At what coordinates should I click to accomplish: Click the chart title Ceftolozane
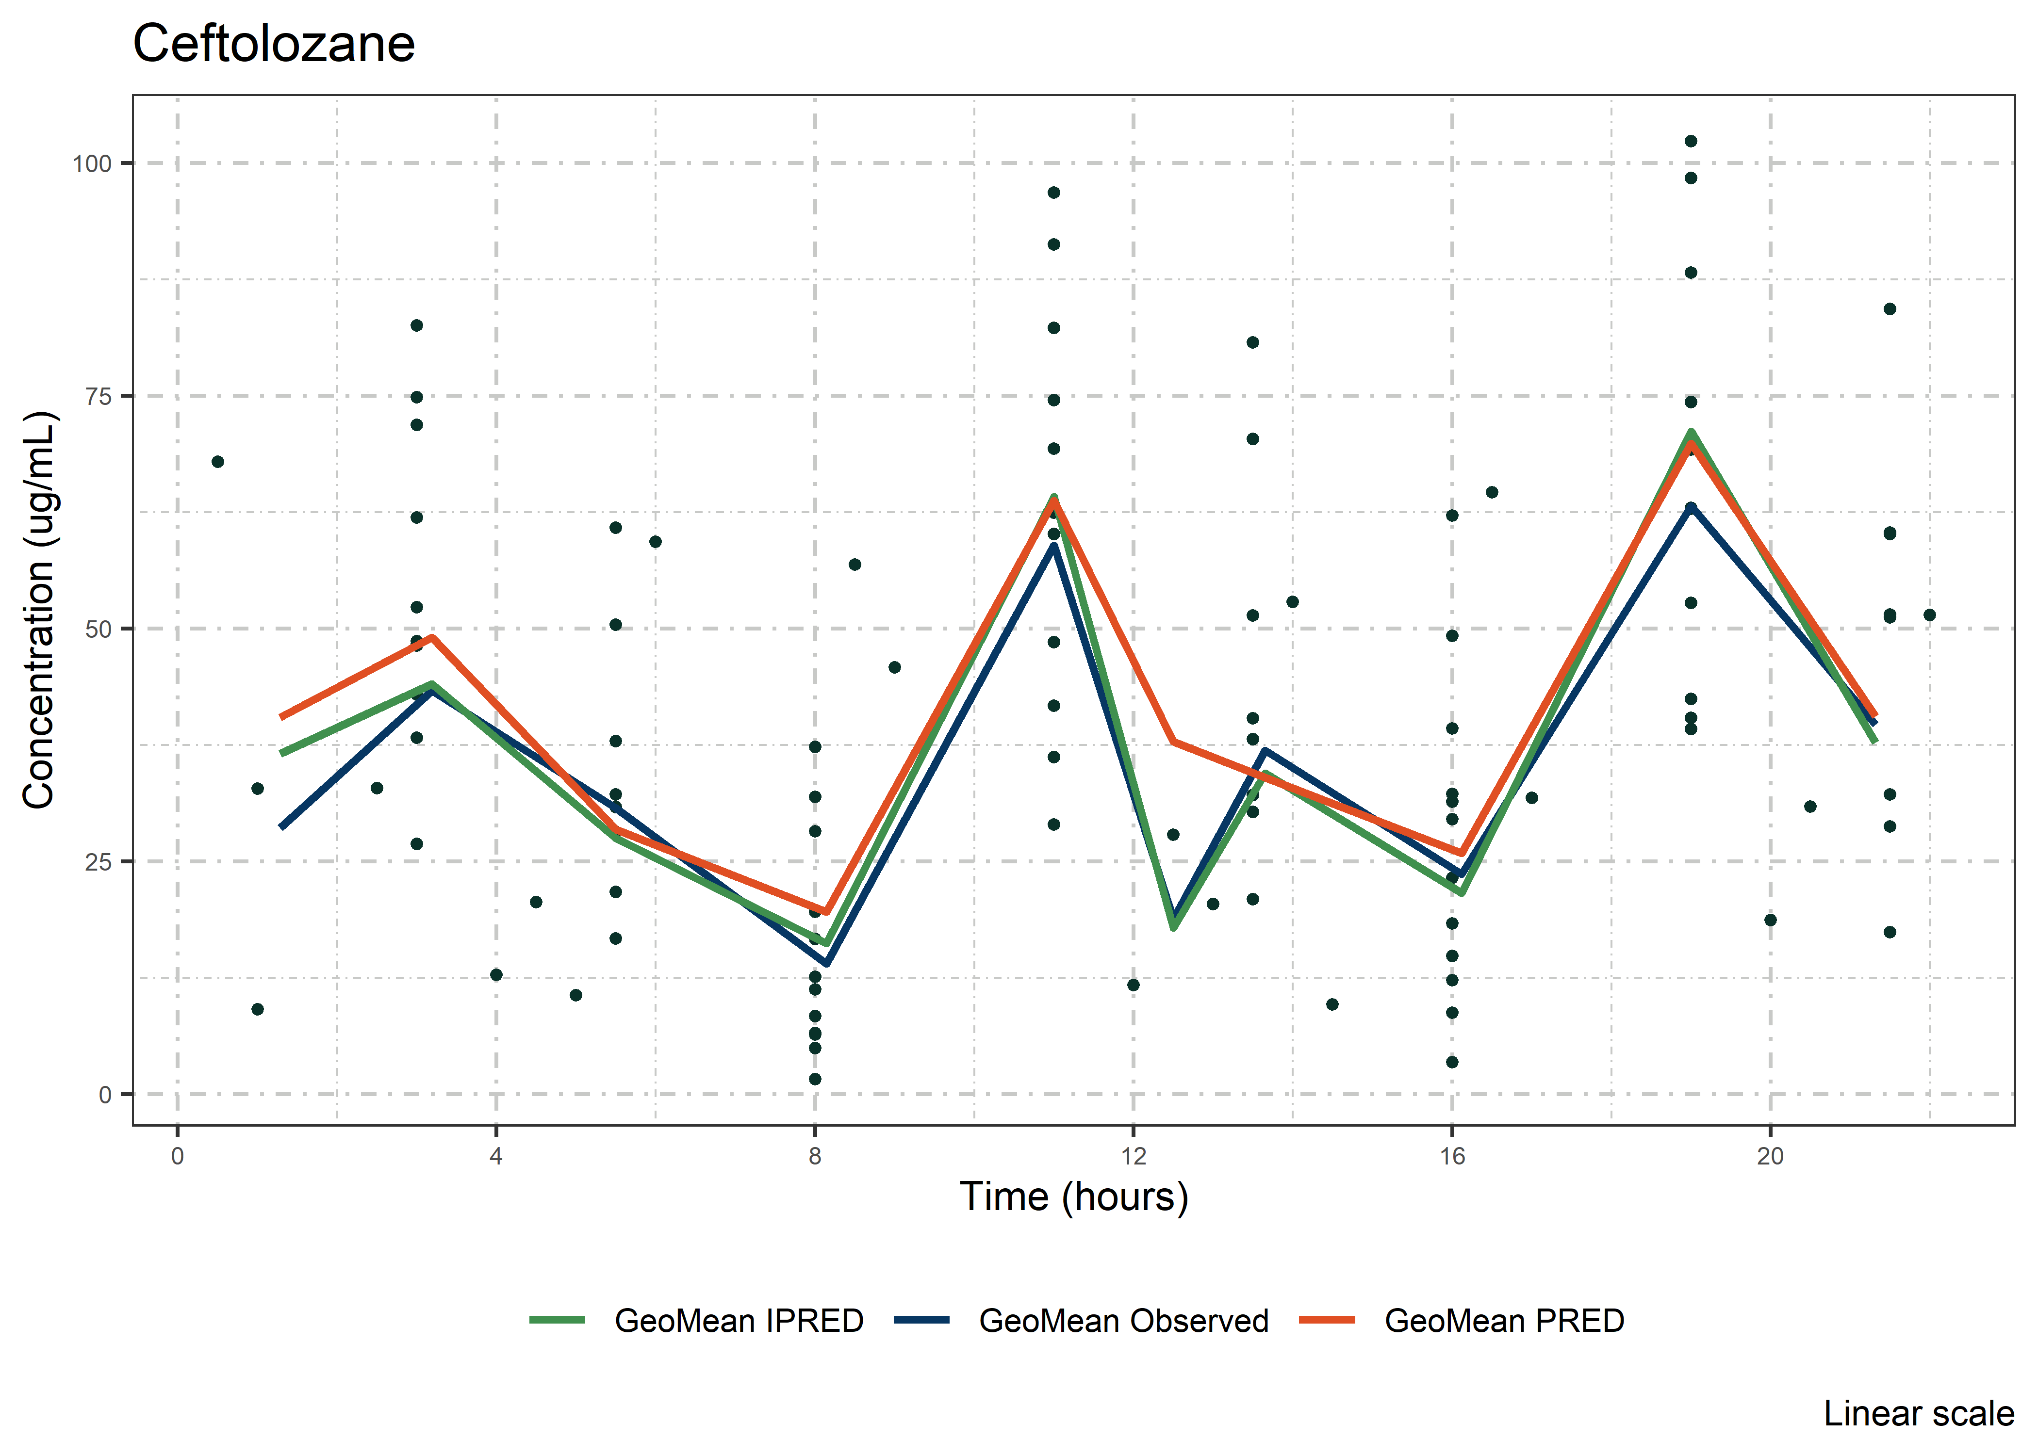pyautogui.click(x=273, y=44)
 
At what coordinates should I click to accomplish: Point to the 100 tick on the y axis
pyautogui.click(x=91, y=164)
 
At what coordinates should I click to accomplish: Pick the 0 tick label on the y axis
pyautogui.click(x=105, y=1095)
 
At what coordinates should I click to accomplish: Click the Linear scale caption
pyautogui.click(x=1919, y=1414)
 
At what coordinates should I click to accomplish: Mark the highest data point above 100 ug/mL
pyautogui.click(x=1691, y=142)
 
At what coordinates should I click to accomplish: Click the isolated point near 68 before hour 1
pyautogui.click(x=218, y=461)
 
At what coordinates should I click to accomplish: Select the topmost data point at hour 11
pyautogui.click(x=1054, y=193)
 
